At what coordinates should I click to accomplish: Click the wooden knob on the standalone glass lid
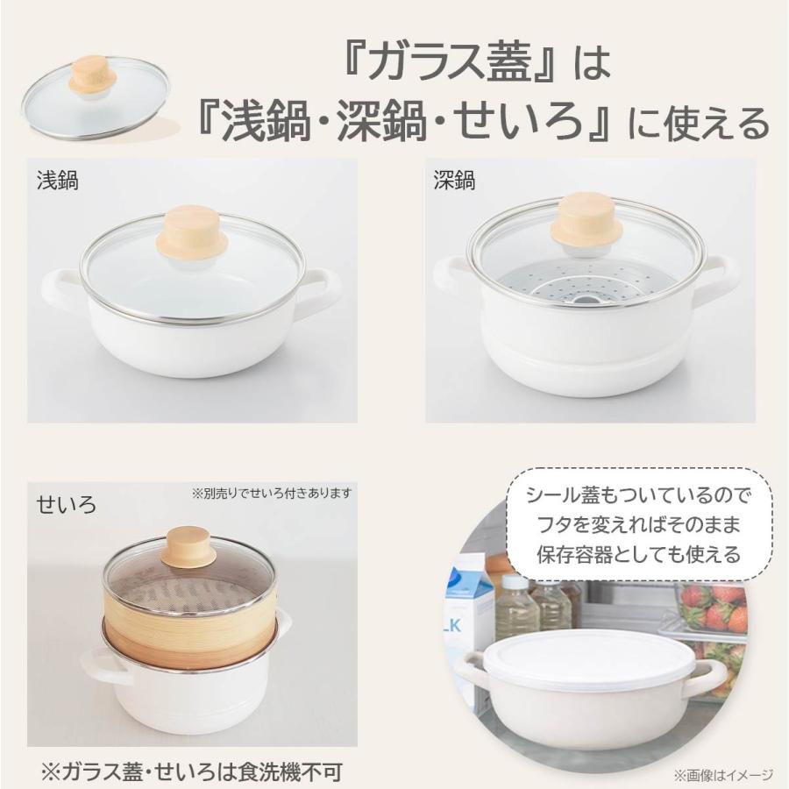93,74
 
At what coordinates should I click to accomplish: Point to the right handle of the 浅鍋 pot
321,289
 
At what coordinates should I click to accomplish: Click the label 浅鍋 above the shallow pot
57,181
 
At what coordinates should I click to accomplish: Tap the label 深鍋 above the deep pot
454,180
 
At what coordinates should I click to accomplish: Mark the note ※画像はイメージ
723,774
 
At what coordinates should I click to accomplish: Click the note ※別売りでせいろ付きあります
271,493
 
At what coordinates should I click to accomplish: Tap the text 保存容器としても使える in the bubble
638,555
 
